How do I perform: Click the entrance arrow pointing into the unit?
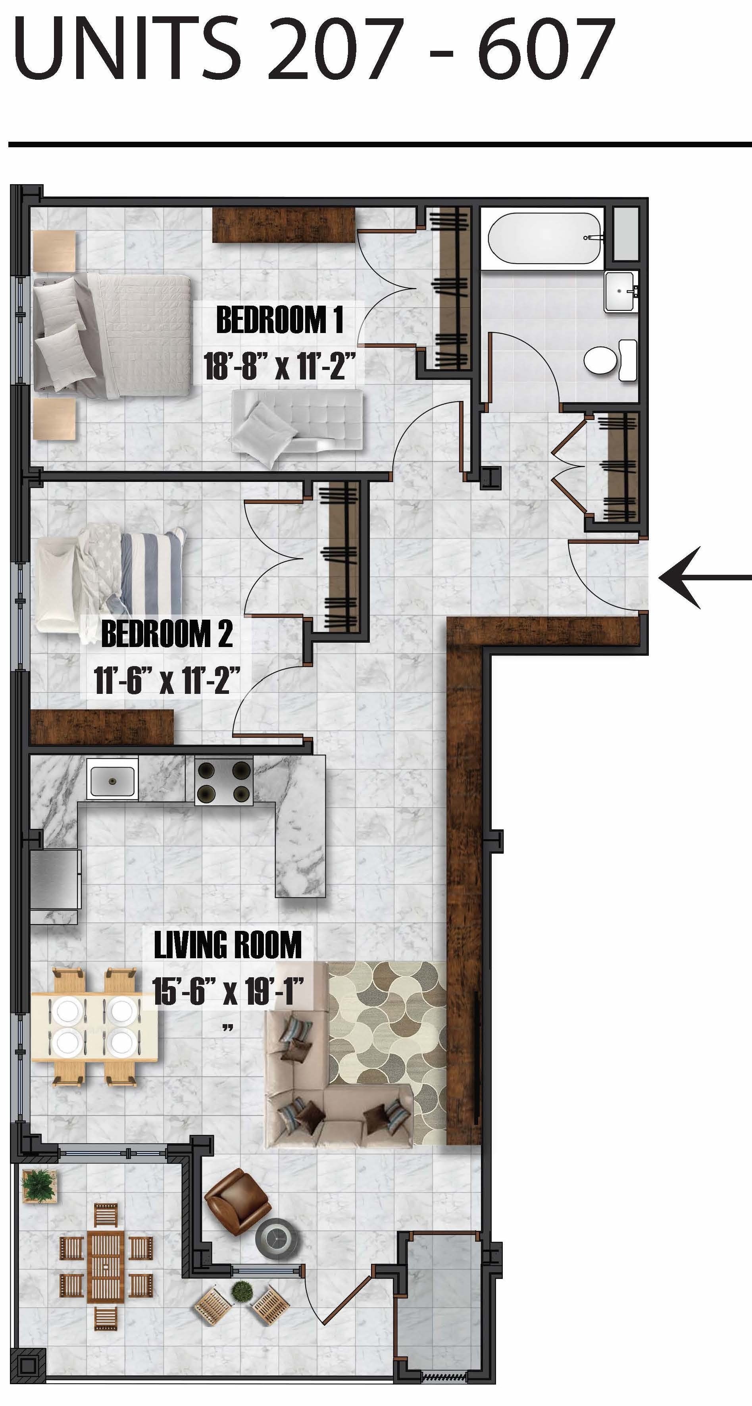[704, 578]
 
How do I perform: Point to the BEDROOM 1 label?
[279, 320]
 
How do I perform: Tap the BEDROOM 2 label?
[166, 634]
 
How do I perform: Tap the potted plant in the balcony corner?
[38, 1185]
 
